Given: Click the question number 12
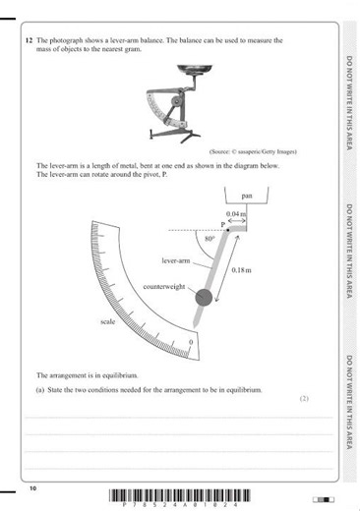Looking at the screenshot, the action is click(x=28, y=40).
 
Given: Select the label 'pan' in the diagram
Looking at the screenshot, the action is click(x=232, y=196).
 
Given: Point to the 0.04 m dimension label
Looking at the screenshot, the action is click(x=236, y=214).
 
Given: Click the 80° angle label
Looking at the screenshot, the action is click(x=210, y=239).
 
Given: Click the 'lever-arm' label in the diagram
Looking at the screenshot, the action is click(x=175, y=260).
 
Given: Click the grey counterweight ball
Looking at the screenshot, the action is click(x=203, y=298).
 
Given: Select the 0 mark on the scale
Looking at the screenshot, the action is click(x=190, y=341).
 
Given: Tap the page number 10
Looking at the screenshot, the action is click(x=32, y=487).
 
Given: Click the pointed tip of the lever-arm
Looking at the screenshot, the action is click(x=196, y=327).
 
